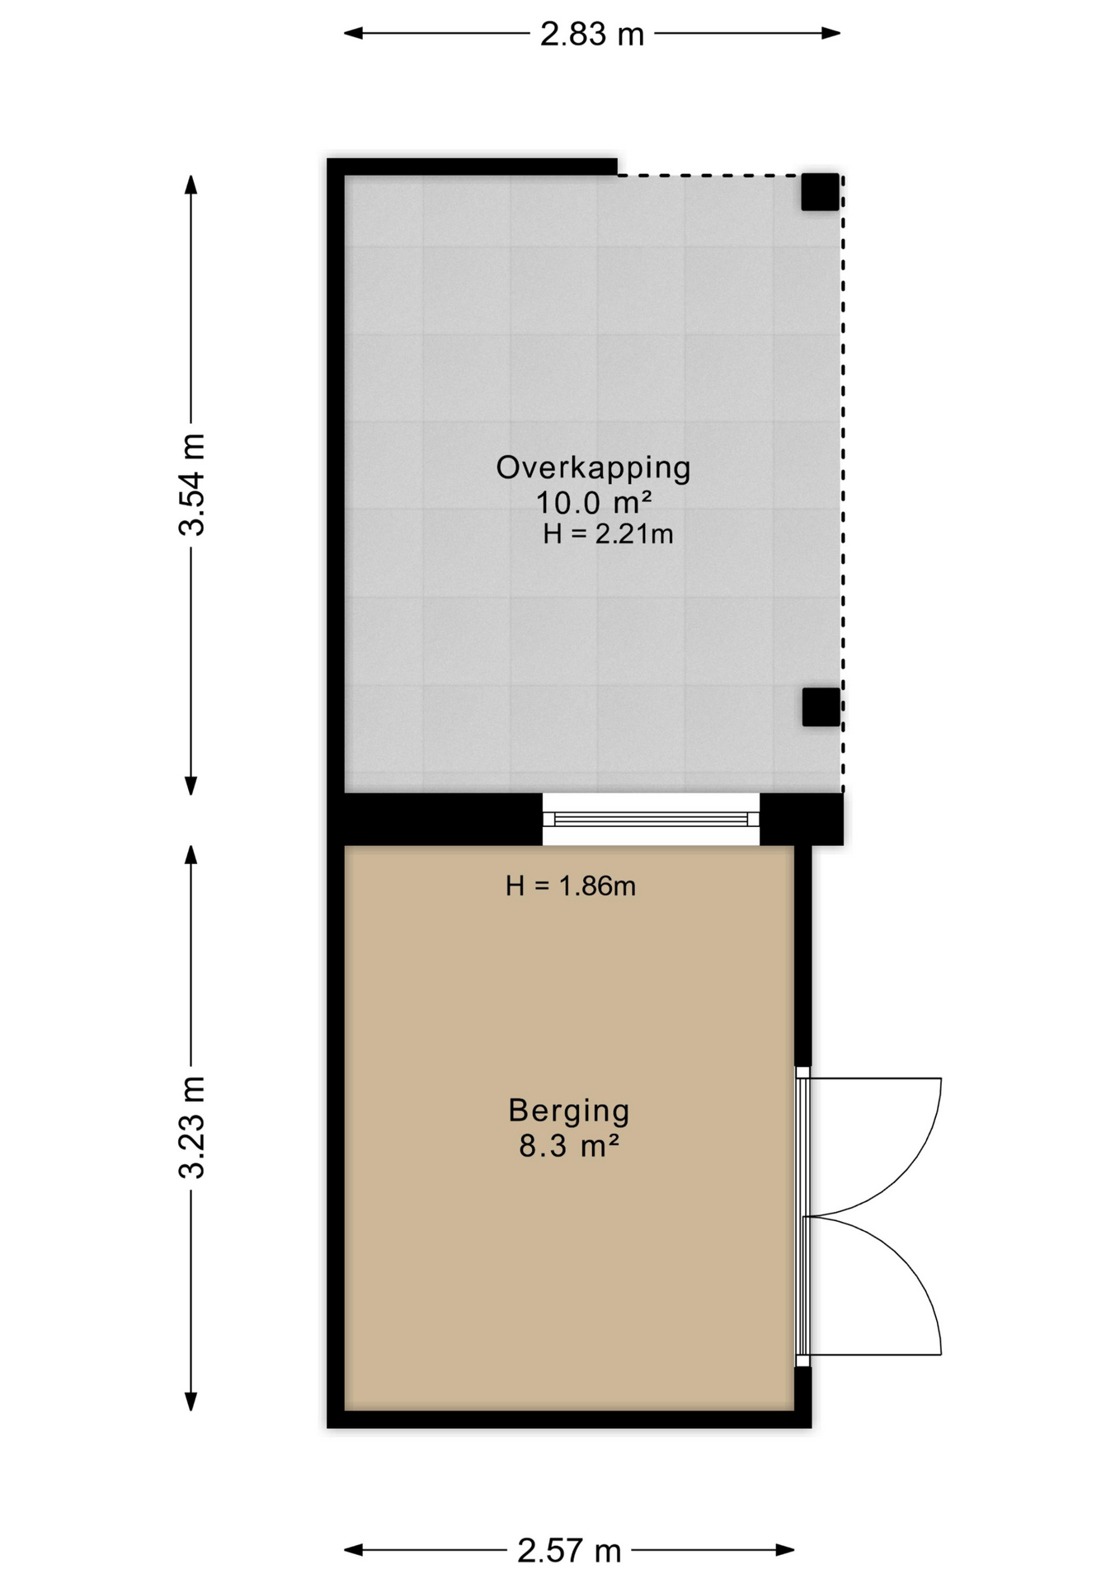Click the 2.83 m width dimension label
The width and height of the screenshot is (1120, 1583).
(x=591, y=34)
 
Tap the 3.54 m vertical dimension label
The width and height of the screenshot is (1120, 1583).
(x=191, y=485)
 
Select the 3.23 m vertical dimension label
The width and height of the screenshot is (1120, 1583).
(x=191, y=1128)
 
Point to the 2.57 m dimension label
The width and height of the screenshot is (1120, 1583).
(x=569, y=1551)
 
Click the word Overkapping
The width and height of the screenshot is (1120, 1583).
(x=593, y=468)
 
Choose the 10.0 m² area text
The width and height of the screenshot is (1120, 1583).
(x=594, y=502)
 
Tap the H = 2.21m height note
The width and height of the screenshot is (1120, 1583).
(x=608, y=534)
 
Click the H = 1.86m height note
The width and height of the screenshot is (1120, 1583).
(x=571, y=886)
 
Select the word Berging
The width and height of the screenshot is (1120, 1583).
(x=569, y=1111)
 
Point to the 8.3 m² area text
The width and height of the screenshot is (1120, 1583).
(x=569, y=1146)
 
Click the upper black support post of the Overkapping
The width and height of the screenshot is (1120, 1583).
(x=821, y=192)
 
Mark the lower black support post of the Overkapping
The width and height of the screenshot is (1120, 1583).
(x=821, y=707)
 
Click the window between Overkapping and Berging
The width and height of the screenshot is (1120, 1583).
(x=651, y=819)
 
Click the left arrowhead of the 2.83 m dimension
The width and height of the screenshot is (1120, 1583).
(x=353, y=34)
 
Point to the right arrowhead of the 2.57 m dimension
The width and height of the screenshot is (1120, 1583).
(x=785, y=1551)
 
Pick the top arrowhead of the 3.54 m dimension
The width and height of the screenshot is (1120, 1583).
(x=191, y=185)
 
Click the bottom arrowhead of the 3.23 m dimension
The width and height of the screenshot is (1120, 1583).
(x=191, y=1402)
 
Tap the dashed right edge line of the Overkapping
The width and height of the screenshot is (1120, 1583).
(x=842, y=484)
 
